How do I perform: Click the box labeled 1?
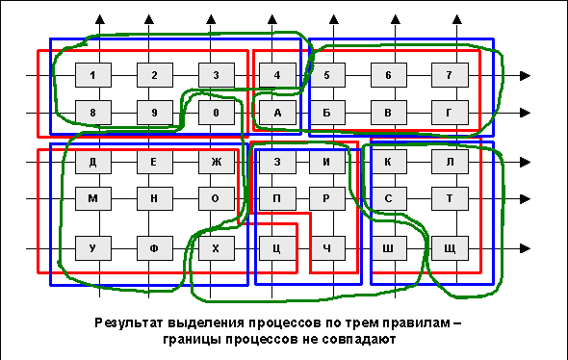pyautogui.click(x=93, y=75)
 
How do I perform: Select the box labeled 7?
pyautogui.click(x=450, y=75)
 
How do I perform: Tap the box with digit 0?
pyautogui.click(x=217, y=113)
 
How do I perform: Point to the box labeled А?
pyautogui.click(x=277, y=113)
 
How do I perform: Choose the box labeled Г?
pyautogui.click(x=450, y=113)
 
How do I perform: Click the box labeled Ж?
pyautogui.click(x=217, y=162)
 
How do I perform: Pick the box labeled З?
pyautogui.click(x=277, y=162)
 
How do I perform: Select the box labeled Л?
pyautogui.click(x=450, y=162)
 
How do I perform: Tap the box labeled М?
pyautogui.click(x=93, y=198)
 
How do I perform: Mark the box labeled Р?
pyautogui.click(x=326, y=198)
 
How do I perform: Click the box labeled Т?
pyautogui.click(x=450, y=198)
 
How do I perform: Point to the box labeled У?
pyautogui.click(x=93, y=248)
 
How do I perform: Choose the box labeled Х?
pyautogui.click(x=217, y=248)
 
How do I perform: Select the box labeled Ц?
pyautogui.click(x=277, y=248)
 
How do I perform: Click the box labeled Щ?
pyautogui.click(x=450, y=248)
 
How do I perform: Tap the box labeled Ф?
pyautogui.click(x=155, y=248)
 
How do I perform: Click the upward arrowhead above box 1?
pyautogui.click(x=100, y=19)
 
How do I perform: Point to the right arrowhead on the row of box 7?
pyautogui.click(x=526, y=75)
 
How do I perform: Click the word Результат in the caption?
pyautogui.click(x=129, y=323)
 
